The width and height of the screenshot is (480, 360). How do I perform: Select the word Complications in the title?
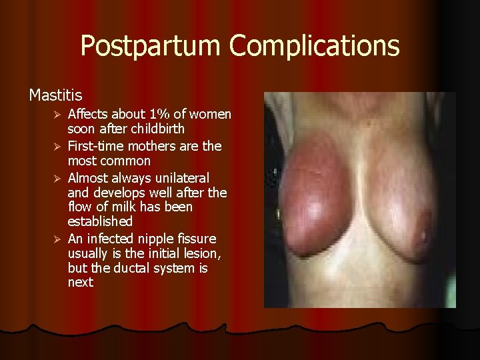pyautogui.click(x=315, y=46)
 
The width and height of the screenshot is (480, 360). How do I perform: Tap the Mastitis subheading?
pyautogui.click(x=55, y=95)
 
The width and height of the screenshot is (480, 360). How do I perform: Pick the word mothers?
pyautogui.click(x=155, y=146)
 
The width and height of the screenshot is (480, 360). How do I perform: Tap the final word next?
pyautogui.click(x=80, y=283)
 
